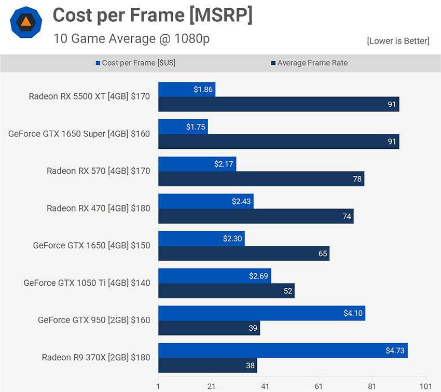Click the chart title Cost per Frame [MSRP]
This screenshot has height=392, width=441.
[x=153, y=16]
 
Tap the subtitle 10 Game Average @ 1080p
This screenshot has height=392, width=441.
[x=131, y=38]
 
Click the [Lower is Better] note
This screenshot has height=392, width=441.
[x=398, y=41]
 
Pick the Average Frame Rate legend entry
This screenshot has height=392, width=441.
[x=309, y=63]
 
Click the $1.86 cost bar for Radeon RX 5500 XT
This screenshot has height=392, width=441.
[x=186, y=89]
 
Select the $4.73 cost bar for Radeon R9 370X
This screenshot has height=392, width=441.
[x=283, y=351]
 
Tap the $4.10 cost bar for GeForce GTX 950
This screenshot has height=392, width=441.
[x=261, y=313]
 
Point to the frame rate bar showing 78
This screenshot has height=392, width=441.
[x=261, y=179]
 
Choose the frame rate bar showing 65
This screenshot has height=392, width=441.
[x=244, y=254]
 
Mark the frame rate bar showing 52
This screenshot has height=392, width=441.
[x=226, y=291]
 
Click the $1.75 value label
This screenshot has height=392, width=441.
[x=196, y=127]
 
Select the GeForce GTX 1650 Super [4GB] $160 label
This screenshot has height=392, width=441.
[x=79, y=134]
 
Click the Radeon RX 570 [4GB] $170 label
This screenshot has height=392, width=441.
[x=98, y=171]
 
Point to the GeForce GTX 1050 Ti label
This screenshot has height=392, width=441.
[x=87, y=283]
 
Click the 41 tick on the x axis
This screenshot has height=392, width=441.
[x=265, y=386]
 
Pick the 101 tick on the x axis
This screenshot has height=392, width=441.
[x=425, y=386]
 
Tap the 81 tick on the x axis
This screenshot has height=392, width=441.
[x=372, y=386]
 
